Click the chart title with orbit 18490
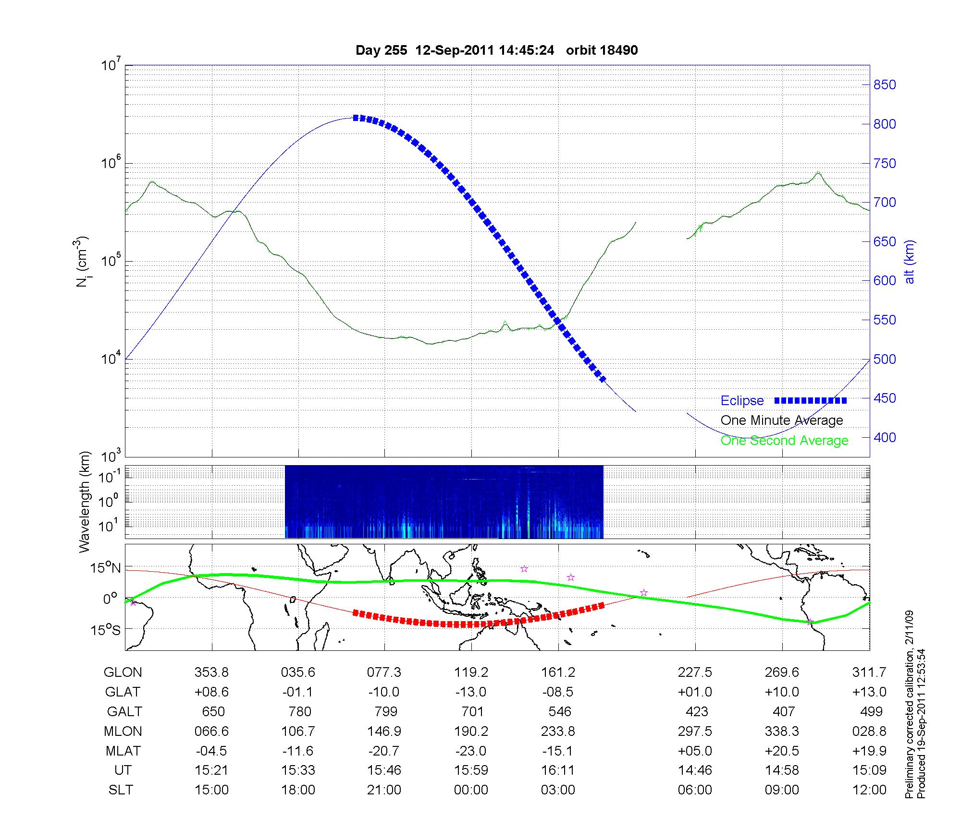coord(496,50)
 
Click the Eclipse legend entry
coord(742,401)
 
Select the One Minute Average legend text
coord(782,420)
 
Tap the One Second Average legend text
coord(784,441)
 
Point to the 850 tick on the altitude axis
coord(885,85)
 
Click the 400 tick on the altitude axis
coord(885,437)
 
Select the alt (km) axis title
coord(910,262)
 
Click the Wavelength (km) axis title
coord(85,502)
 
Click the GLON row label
coord(123,672)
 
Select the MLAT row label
coord(123,751)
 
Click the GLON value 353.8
coord(211,672)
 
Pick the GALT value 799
coord(385,711)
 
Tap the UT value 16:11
coord(558,770)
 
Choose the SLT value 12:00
coord(869,790)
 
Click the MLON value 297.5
coord(695,732)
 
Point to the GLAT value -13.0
coord(471,692)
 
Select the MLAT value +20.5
coord(782,751)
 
